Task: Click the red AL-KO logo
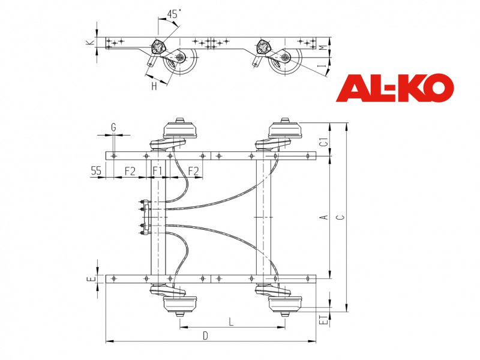pyautogui.click(x=395, y=88)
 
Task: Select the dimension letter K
pyautogui.click(x=89, y=43)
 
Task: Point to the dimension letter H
pyautogui.click(x=154, y=86)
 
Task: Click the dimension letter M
pyautogui.click(x=323, y=48)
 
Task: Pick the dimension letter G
pyautogui.click(x=113, y=127)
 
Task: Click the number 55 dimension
pyautogui.click(x=96, y=170)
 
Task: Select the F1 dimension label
pyautogui.click(x=157, y=170)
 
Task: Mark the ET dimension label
pyautogui.click(x=323, y=319)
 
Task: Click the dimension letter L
pyautogui.click(x=232, y=322)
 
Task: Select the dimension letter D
pyautogui.click(x=205, y=336)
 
